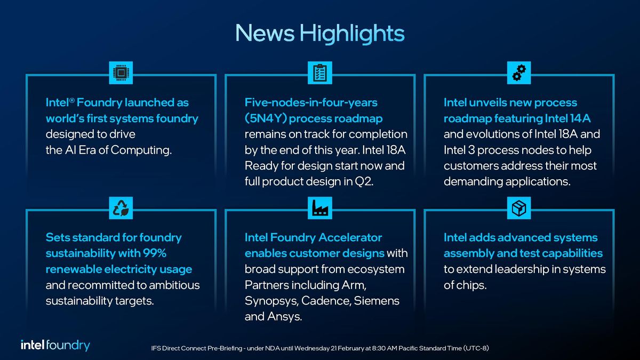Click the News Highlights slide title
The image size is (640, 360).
coord(320,33)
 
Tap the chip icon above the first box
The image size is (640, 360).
coord(121,73)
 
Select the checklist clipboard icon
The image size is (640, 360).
coord(320,73)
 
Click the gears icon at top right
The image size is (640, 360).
coord(519,73)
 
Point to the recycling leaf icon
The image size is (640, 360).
coord(121,209)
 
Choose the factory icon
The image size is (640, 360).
coord(320,209)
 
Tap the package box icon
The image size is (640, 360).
coord(519,209)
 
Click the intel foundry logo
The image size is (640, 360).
coord(55,345)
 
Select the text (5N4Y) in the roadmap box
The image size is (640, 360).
coord(266,118)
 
